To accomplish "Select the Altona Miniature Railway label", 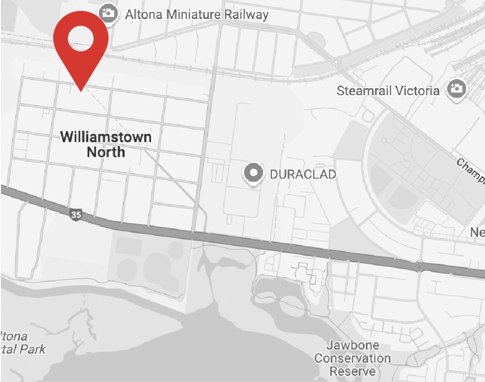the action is pyautogui.click(x=196, y=14).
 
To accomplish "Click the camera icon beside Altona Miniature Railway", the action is pyautogui.click(x=109, y=14).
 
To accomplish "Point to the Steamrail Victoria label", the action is pyautogui.click(x=388, y=91).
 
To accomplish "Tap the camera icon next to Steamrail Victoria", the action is pyautogui.click(x=457, y=88).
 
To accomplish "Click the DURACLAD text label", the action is pyautogui.click(x=303, y=174).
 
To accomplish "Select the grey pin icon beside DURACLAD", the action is pyautogui.click(x=254, y=173).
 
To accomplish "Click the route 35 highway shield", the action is pyautogui.click(x=76, y=215).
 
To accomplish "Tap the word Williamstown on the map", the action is pyautogui.click(x=106, y=137).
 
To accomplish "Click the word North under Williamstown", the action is pyautogui.click(x=106, y=152).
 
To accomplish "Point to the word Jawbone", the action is pyautogui.click(x=353, y=346).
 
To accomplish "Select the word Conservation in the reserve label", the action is pyautogui.click(x=353, y=359).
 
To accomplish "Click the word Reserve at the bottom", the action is pyautogui.click(x=353, y=371).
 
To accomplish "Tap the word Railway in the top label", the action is pyautogui.click(x=246, y=14).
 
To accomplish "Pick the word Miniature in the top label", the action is pyautogui.click(x=193, y=14).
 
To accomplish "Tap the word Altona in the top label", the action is pyautogui.click(x=144, y=14).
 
